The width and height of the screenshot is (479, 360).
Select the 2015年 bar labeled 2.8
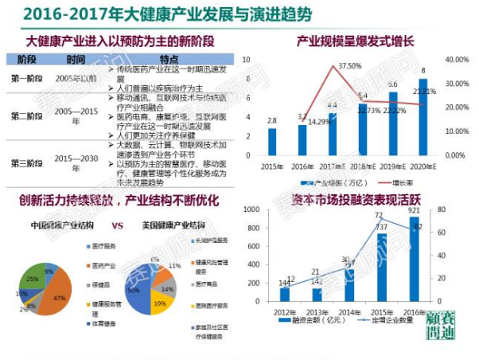272,141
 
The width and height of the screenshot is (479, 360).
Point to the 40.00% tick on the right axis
456,59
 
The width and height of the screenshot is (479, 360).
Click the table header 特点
169,59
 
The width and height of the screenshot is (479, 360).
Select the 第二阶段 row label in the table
27,115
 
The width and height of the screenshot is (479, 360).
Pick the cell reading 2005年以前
76,79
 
